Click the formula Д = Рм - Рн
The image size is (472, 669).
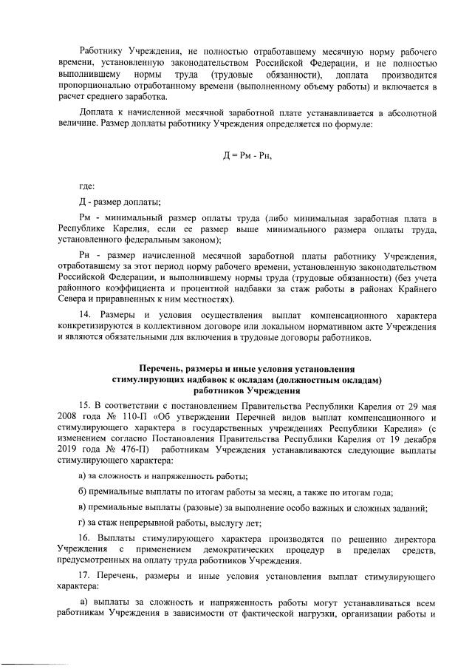point(252,155)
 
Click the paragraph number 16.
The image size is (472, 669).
point(85,556)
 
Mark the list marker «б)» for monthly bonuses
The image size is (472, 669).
point(83,492)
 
